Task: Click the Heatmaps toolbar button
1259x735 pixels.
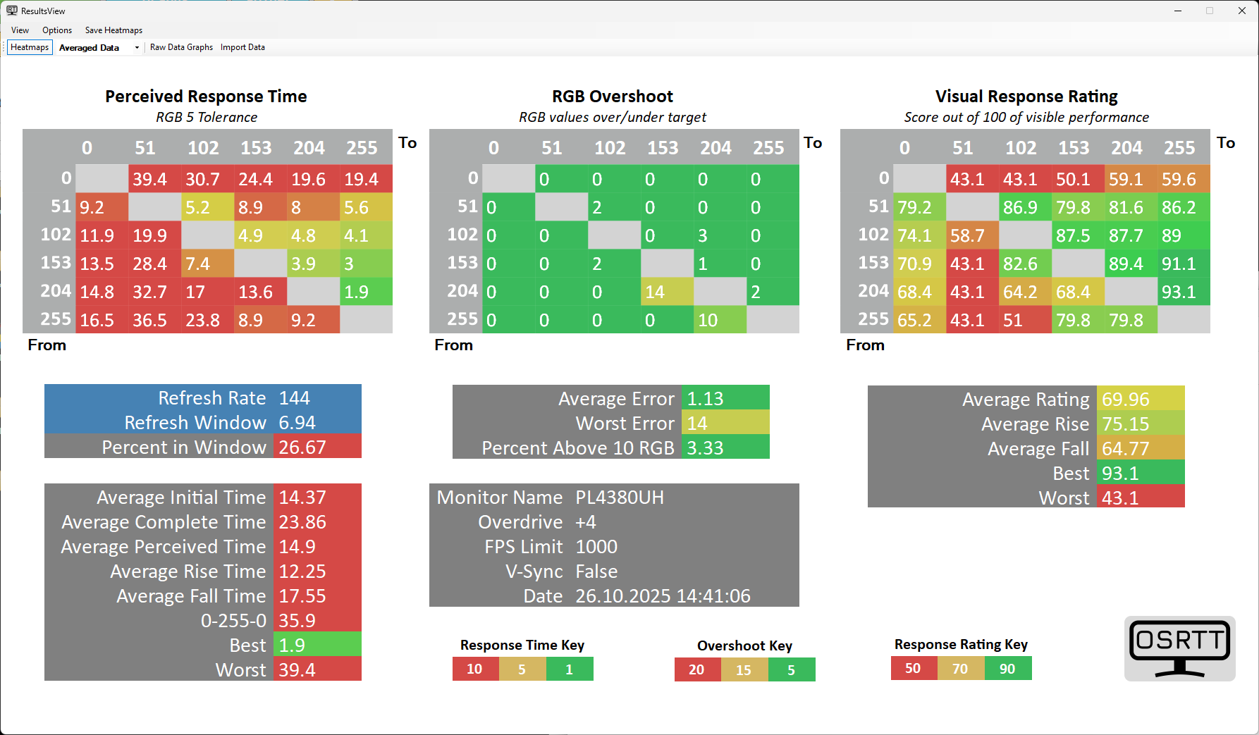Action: pyautogui.click(x=30, y=47)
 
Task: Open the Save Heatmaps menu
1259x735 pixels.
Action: pyautogui.click(x=113, y=30)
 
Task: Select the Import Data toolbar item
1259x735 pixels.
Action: pyautogui.click(x=242, y=47)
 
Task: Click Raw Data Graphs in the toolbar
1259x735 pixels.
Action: pyautogui.click(x=181, y=47)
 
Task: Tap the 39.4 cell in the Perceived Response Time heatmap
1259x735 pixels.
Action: pyautogui.click(x=154, y=179)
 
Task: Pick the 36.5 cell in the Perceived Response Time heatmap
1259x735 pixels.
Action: pyautogui.click(x=154, y=320)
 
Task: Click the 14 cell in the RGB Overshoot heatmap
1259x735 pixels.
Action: pyautogui.click(x=667, y=292)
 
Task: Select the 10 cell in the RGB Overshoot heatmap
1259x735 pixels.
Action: pyautogui.click(x=720, y=320)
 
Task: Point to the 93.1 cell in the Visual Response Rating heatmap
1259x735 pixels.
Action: pyautogui.click(x=1184, y=292)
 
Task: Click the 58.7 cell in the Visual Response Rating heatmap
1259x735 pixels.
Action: pyautogui.click(x=972, y=235)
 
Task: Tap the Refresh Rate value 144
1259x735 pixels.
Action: pyautogui.click(x=317, y=398)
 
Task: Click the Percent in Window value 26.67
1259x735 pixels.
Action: pyautogui.click(x=317, y=447)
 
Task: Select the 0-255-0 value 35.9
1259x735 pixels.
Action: pyautogui.click(x=317, y=621)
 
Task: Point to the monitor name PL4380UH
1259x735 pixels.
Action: pyautogui.click(x=620, y=498)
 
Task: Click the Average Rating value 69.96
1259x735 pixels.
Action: pyautogui.click(x=1140, y=400)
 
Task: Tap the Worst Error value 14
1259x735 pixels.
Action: pyautogui.click(x=725, y=424)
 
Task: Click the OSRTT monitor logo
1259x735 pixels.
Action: pyautogui.click(x=1179, y=648)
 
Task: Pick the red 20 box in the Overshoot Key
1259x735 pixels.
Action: pyautogui.click(x=697, y=669)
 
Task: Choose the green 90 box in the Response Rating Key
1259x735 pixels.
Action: pyautogui.click(x=1007, y=669)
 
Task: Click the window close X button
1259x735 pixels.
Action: pyautogui.click(x=1242, y=11)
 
